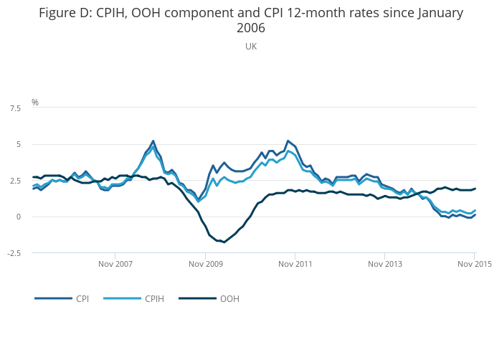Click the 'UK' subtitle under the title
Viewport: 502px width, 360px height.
point(251,47)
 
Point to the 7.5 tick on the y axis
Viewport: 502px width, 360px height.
point(15,108)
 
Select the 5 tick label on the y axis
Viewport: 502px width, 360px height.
point(19,145)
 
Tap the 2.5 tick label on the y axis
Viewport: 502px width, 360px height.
point(15,181)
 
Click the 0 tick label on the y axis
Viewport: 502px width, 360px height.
point(19,217)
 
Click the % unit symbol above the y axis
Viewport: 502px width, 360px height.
point(34,103)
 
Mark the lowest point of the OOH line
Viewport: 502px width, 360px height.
point(224,242)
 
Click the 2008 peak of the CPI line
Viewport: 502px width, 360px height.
point(153,141)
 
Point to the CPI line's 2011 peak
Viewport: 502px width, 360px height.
point(288,141)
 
